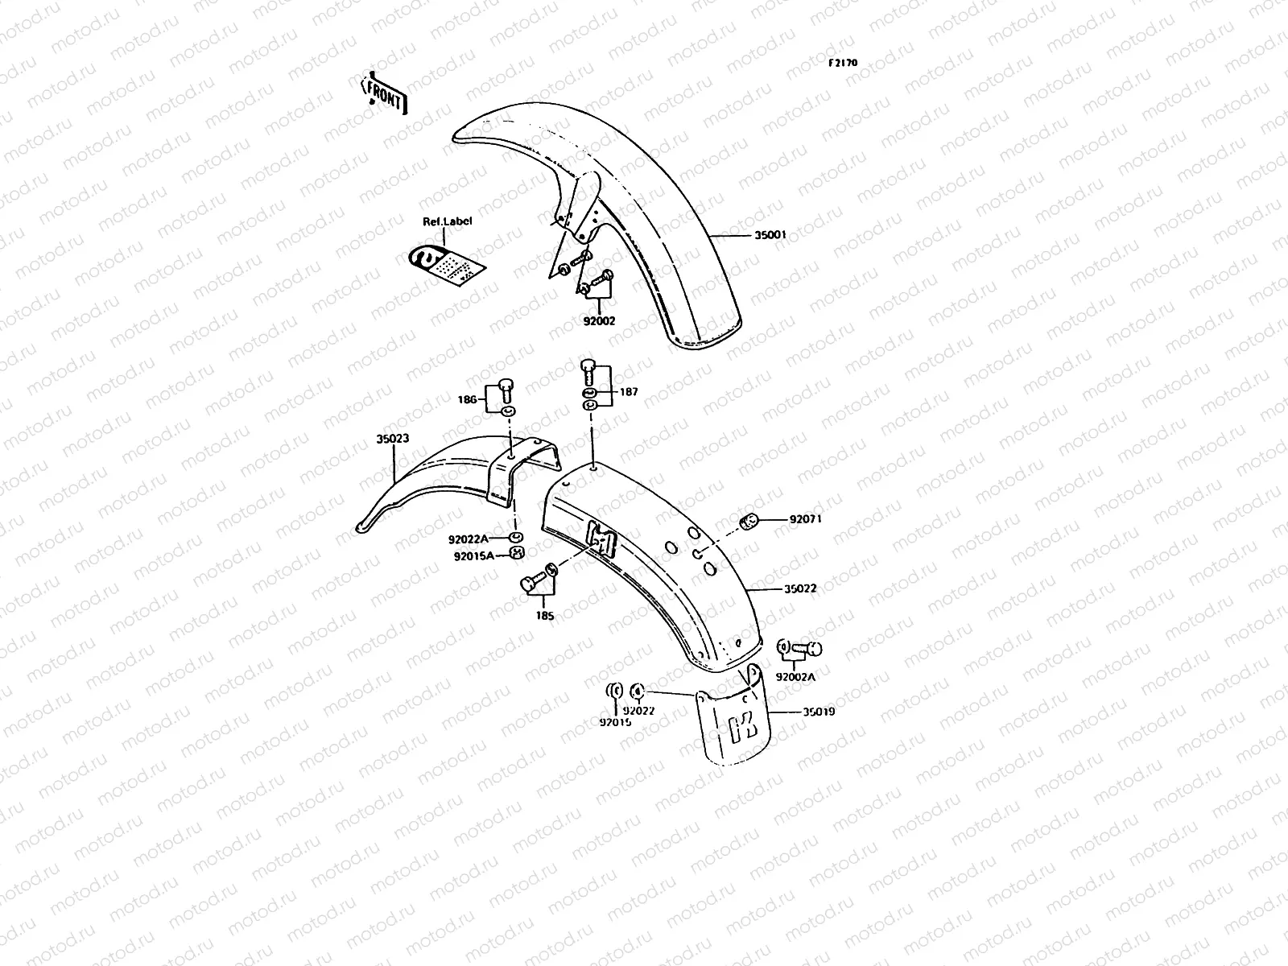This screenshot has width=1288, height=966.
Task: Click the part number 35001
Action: pos(770,235)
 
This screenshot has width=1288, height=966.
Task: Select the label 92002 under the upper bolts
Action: pos(599,320)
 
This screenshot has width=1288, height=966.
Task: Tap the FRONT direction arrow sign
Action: pos(386,94)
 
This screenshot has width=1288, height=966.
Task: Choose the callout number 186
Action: pos(468,398)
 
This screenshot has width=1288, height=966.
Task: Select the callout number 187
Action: pos(629,392)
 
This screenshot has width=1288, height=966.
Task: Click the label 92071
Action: pos(806,519)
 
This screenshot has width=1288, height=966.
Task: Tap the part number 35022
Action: pos(800,588)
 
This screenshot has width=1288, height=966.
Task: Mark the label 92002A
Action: pos(795,677)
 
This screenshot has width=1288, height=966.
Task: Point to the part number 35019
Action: pos(818,712)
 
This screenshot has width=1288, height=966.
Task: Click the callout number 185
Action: pos(545,616)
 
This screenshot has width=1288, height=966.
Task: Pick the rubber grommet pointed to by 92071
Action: pos(748,521)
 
